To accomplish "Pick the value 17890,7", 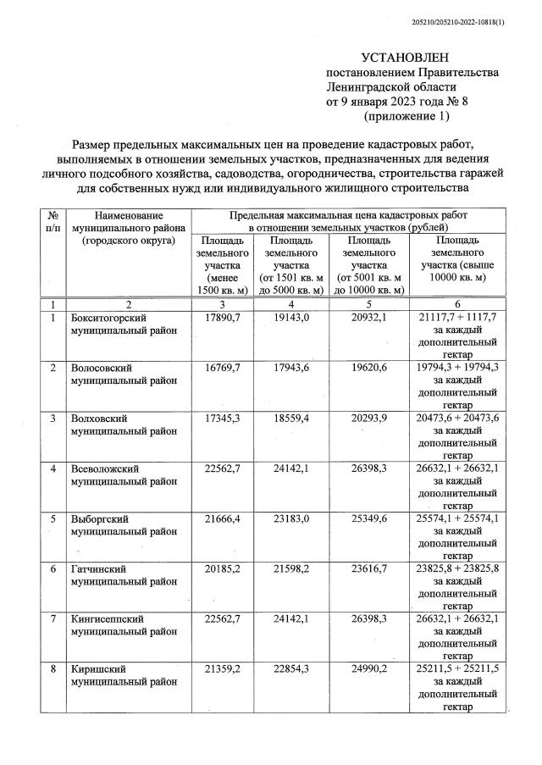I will [x=221, y=317].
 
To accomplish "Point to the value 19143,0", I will [x=290, y=317].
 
